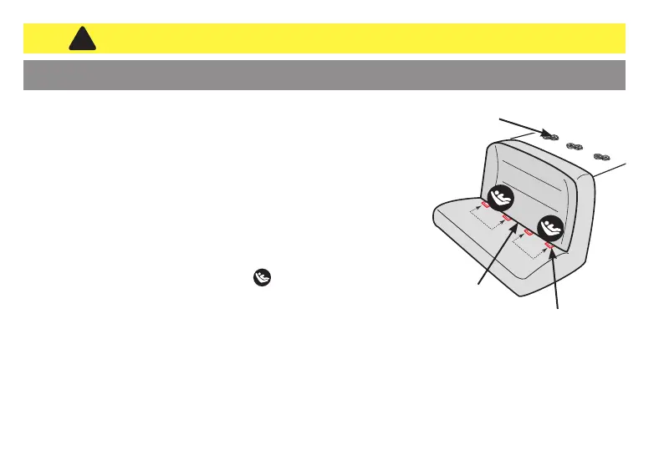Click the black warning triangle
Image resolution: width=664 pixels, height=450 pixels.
point(80,38)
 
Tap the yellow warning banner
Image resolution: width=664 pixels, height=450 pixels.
point(335,38)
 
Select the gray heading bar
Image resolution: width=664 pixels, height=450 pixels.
point(324,74)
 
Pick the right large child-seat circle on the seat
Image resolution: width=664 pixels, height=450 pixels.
point(550,228)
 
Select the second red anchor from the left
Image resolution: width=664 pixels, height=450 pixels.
point(507,219)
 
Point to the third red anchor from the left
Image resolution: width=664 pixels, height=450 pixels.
point(529,232)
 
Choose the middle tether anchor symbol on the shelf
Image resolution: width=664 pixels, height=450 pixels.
point(575,147)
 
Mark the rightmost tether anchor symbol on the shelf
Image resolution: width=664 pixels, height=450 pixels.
point(602,157)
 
